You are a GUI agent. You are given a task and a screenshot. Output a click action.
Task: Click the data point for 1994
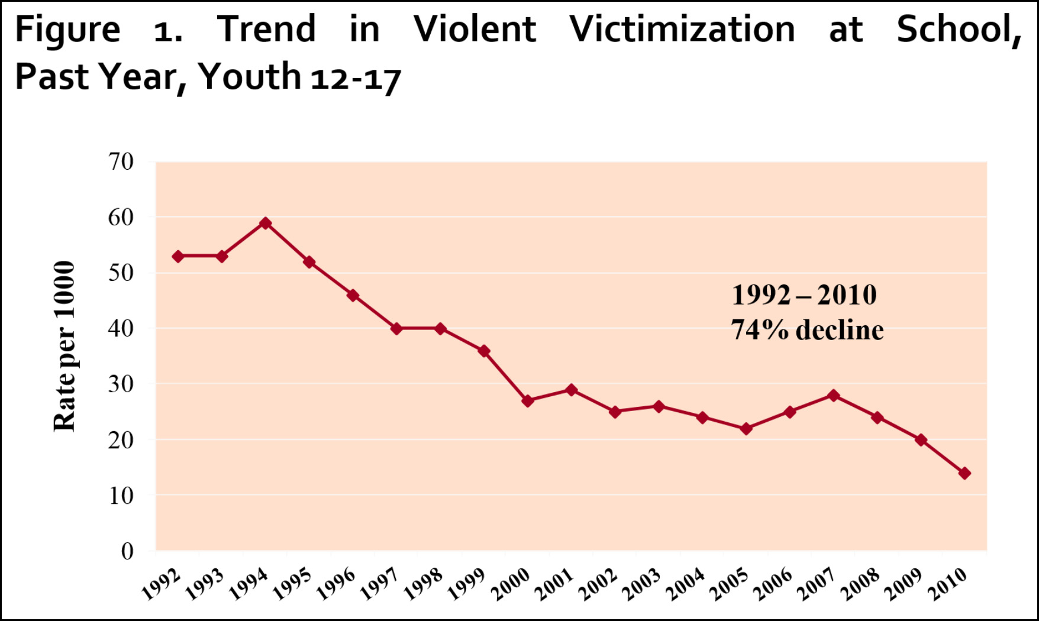266,223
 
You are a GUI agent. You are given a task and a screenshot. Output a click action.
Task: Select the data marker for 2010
964,473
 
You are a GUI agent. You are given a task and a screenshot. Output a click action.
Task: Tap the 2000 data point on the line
528,400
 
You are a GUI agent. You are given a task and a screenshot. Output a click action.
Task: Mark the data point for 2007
834,395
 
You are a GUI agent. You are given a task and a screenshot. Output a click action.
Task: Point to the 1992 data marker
178,256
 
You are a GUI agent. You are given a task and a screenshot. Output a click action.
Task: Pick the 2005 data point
746,428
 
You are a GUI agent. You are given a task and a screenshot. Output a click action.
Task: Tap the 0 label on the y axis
127,551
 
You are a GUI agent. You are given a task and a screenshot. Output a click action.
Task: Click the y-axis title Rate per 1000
64,346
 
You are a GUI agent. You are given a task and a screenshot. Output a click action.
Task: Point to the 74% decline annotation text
807,330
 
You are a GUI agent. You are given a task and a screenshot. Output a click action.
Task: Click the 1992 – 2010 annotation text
804,295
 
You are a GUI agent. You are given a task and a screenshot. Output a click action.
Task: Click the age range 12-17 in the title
356,77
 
